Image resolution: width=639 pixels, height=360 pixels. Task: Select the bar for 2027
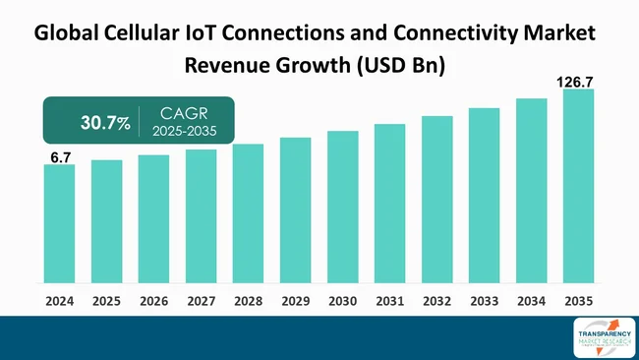click(x=201, y=216)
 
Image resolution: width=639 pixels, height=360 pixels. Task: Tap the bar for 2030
click(x=342, y=208)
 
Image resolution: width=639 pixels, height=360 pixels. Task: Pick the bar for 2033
click(x=484, y=196)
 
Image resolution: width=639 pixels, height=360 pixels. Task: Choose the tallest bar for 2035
click(x=578, y=187)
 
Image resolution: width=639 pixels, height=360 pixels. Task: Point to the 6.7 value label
click(x=60, y=156)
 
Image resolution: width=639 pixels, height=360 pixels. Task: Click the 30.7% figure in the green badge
click(x=104, y=122)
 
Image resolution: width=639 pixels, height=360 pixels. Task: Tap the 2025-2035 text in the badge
click(x=186, y=131)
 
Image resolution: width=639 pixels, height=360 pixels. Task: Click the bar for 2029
click(x=295, y=210)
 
